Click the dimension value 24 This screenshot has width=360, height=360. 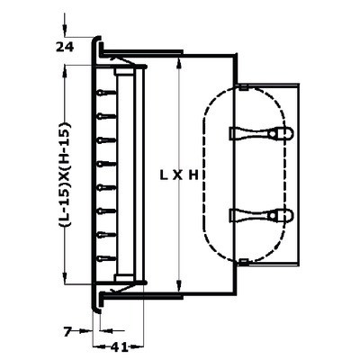click(x=65, y=47)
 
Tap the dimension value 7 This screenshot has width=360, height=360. click(x=67, y=331)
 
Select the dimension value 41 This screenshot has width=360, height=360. click(x=119, y=347)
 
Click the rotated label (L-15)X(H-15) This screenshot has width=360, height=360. click(x=65, y=175)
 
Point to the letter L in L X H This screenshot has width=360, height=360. click(x=164, y=175)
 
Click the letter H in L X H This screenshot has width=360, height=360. click(x=193, y=175)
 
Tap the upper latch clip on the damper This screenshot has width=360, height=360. click(x=261, y=133)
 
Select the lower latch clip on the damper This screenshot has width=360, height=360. click(x=261, y=216)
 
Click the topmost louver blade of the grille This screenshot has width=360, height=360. click(x=107, y=93)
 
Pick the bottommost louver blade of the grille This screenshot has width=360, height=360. click(x=107, y=258)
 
